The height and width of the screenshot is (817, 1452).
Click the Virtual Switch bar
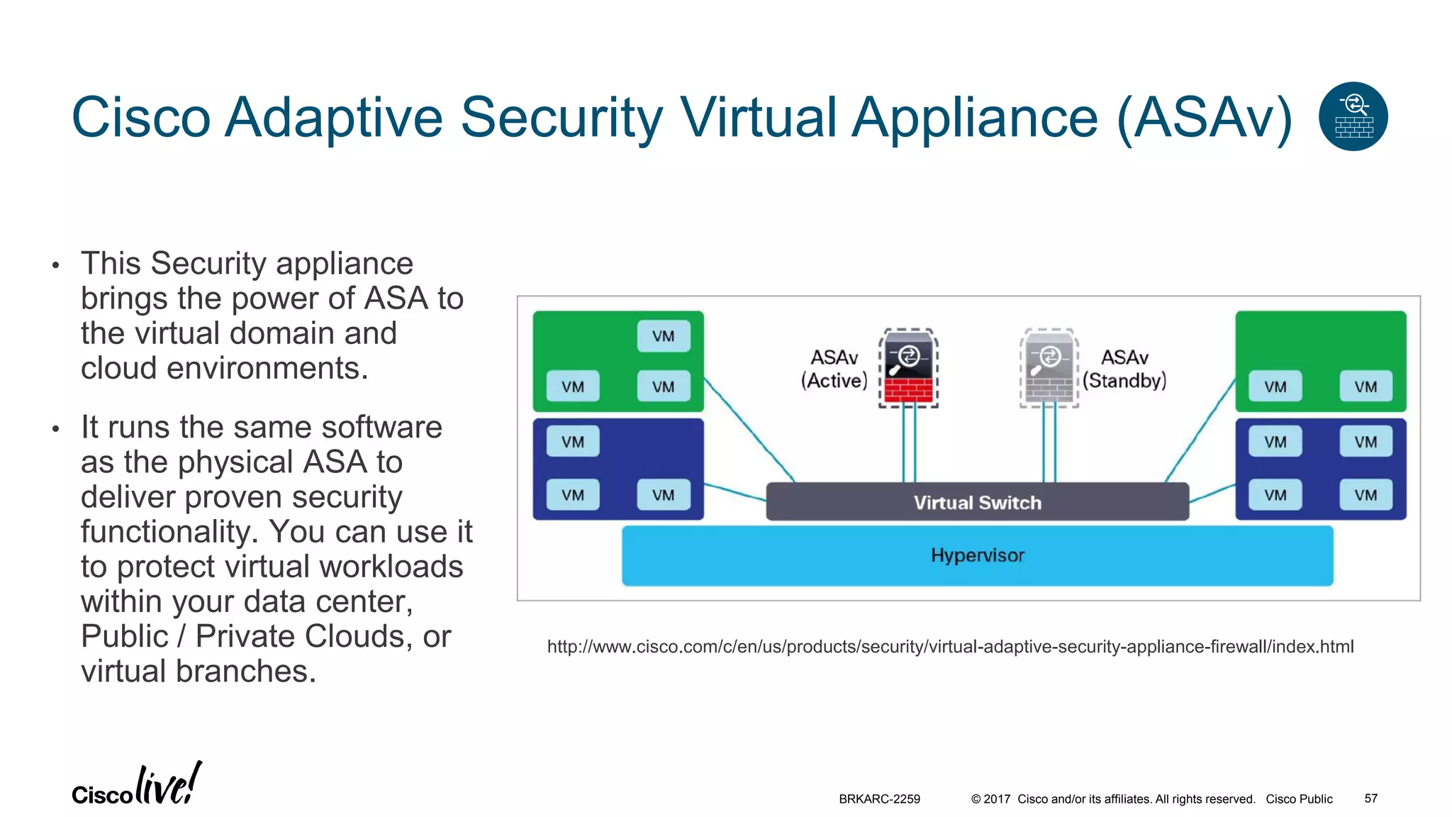point(977,502)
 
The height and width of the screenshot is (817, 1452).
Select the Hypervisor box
point(977,555)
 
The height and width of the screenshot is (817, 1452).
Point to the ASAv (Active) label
point(834,369)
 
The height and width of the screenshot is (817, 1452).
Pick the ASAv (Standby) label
point(1124,369)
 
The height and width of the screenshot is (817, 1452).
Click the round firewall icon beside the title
point(1353,116)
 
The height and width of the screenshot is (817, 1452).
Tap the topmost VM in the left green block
point(663,336)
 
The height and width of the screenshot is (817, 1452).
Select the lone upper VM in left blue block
point(573,442)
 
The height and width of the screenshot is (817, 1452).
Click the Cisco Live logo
point(137,786)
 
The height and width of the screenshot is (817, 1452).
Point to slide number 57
point(1370,799)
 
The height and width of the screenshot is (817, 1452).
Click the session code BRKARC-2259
point(879,799)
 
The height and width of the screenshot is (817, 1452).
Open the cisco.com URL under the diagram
point(950,647)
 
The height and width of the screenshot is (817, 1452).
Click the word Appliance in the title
point(975,118)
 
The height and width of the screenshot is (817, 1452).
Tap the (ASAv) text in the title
point(1205,118)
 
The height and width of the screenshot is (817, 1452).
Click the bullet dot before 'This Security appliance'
point(56,267)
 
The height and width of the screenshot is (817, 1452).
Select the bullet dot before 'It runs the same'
point(56,430)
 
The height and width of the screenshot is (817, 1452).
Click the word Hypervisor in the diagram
point(977,555)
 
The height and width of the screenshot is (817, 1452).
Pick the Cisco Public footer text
point(1299,799)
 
